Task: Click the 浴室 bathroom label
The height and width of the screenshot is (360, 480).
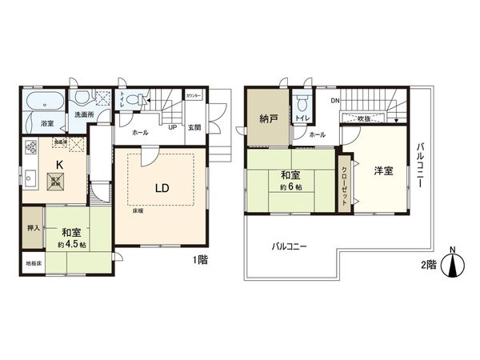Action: [46, 123]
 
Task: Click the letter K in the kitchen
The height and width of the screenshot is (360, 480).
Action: [58, 165]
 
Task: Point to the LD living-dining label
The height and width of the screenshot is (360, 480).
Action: [161, 188]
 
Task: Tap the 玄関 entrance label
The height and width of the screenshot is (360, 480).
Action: [194, 128]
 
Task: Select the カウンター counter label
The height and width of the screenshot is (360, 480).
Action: [194, 96]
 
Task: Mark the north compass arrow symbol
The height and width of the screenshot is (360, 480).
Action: [453, 265]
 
